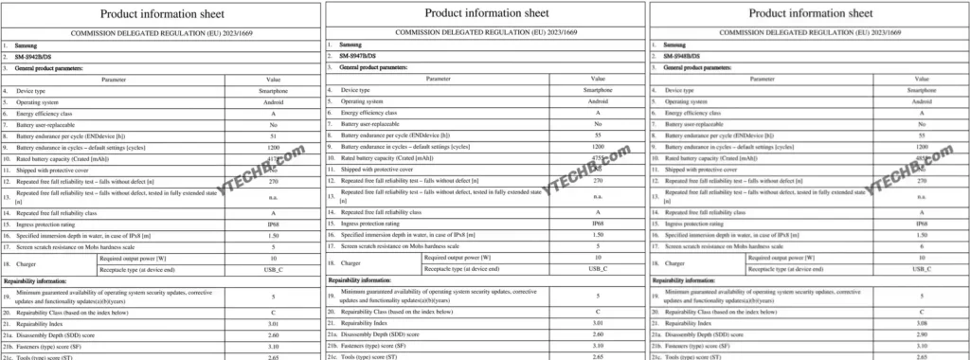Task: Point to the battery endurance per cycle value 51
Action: pyautogui.click(x=273, y=136)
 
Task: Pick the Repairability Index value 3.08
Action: pyautogui.click(x=922, y=323)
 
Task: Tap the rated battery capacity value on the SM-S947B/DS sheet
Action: pyautogui.click(x=598, y=158)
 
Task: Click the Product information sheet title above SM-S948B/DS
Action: pyautogui.click(x=810, y=13)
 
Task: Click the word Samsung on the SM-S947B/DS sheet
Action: pyautogui.click(x=353, y=44)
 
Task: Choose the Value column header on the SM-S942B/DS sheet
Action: pyautogui.click(x=273, y=80)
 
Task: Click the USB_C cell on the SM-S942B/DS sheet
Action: pyautogui.click(x=273, y=270)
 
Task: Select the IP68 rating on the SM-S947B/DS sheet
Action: pyautogui.click(x=598, y=224)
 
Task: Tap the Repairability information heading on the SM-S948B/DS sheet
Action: pyautogui.click(x=692, y=280)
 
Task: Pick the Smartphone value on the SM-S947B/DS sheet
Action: pyautogui.click(x=598, y=89)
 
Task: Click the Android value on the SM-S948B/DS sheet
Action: pyautogui.click(x=922, y=100)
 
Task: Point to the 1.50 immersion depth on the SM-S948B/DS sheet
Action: pyautogui.click(x=922, y=234)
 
